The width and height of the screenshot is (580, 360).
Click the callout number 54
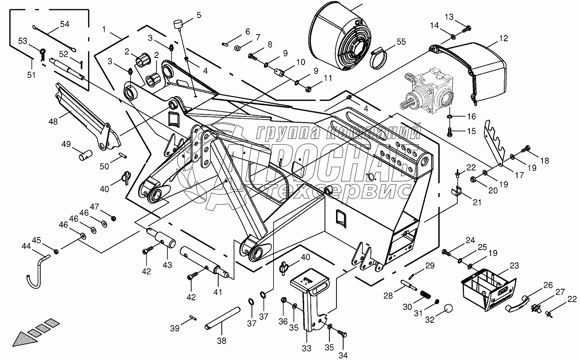[x=65, y=24]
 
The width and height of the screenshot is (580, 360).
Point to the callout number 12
[x=504, y=39]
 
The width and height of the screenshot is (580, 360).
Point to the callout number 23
[x=514, y=266]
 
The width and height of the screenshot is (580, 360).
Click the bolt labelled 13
[x=466, y=29]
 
